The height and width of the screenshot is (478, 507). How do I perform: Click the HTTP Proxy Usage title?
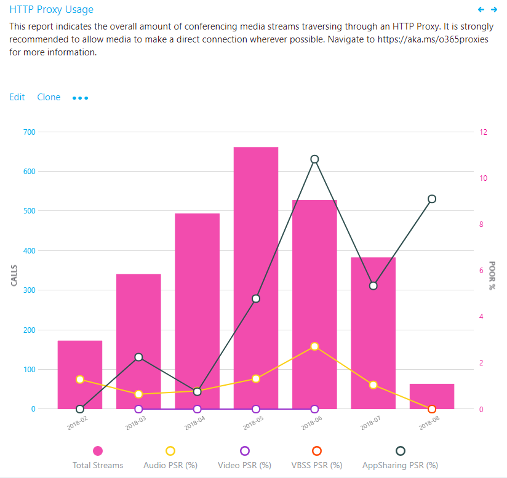(x=52, y=10)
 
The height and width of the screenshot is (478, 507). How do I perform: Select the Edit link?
(x=17, y=97)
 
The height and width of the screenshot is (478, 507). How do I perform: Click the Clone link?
(x=49, y=97)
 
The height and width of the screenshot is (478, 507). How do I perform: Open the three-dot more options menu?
(x=80, y=98)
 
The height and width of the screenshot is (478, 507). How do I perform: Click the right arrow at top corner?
(x=493, y=10)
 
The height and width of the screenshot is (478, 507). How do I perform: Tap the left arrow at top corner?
(x=481, y=10)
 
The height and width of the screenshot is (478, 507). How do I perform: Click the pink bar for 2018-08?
(x=432, y=396)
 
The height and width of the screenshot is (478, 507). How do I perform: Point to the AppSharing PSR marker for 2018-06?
(x=314, y=159)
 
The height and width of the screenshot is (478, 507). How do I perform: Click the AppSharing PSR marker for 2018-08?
(x=432, y=199)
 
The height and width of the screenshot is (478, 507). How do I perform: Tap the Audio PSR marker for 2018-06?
(x=314, y=346)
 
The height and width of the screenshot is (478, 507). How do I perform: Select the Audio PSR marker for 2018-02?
(x=80, y=379)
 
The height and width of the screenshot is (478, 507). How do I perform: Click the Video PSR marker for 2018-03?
(x=138, y=409)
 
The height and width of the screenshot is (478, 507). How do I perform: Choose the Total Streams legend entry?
(x=98, y=458)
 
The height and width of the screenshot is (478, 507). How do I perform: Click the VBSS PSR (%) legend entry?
(x=317, y=458)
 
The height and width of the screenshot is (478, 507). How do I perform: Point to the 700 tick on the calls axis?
(x=30, y=132)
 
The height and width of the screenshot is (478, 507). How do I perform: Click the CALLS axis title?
(x=14, y=275)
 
